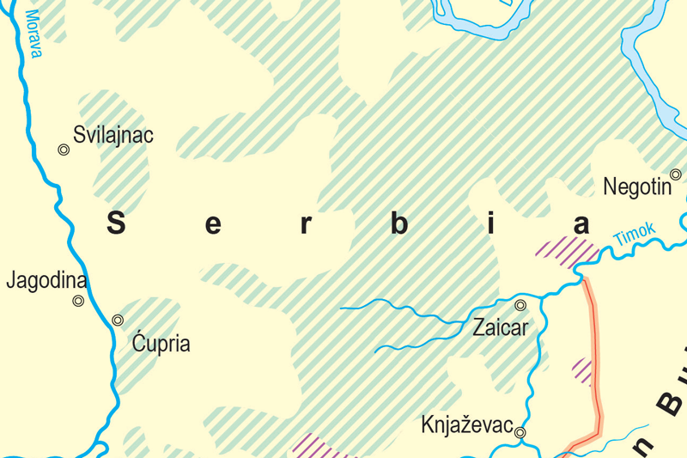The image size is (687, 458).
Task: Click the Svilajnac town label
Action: click(x=114, y=135)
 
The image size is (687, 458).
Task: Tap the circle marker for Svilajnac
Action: click(x=64, y=150)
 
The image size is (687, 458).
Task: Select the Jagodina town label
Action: click(x=47, y=281)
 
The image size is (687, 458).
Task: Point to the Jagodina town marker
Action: click(x=78, y=301)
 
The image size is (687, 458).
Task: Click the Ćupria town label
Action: click(x=161, y=345)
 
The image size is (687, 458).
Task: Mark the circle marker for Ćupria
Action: click(x=118, y=321)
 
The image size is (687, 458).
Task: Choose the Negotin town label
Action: click(x=637, y=186)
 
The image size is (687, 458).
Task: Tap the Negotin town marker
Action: click(x=676, y=174)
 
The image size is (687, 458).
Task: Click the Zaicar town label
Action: click(x=501, y=327)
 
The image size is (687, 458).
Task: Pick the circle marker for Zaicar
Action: click(x=520, y=305)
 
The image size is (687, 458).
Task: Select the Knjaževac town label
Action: click(x=467, y=425)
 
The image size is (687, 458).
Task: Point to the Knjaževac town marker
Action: click(x=520, y=433)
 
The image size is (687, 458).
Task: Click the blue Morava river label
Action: click(x=33, y=34)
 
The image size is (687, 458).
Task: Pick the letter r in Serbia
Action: click(x=306, y=225)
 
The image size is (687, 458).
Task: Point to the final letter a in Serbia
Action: click(x=582, y=225)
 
